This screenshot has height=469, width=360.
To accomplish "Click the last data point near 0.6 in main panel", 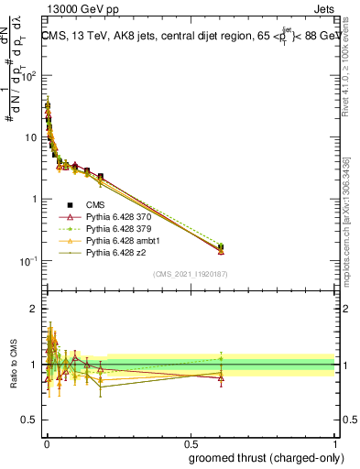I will [x=220, y=247].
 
